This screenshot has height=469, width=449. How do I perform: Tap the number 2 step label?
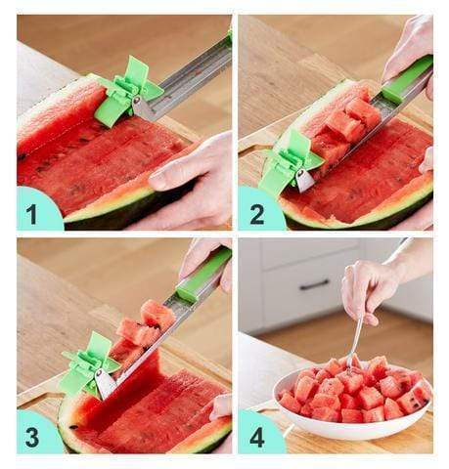click(257, 214)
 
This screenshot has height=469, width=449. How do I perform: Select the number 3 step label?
click(32, 436)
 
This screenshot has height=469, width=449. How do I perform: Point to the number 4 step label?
click(257, 436)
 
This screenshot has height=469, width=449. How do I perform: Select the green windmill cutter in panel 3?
click(88, 364)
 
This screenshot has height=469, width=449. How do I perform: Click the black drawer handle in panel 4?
click(314, 285)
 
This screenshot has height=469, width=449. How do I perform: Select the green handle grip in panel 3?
click(202, 274)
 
